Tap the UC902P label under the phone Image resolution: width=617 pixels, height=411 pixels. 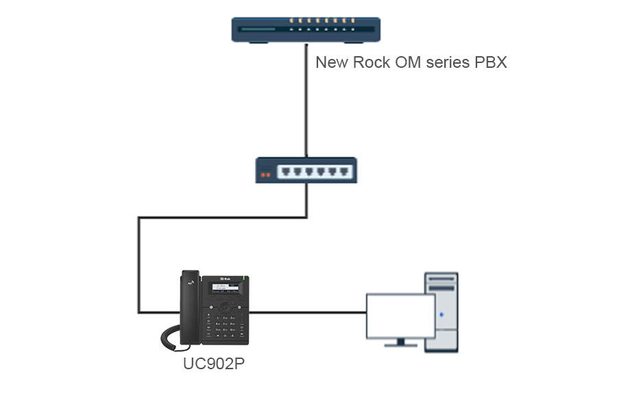tap(214, 364)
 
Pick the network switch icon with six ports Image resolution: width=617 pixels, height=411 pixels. tap(306, 170)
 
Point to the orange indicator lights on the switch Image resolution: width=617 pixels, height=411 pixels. tap(266, 175)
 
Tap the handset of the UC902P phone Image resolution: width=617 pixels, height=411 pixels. tap(189, 305)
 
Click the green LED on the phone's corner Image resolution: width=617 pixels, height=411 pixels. tap(245, 278)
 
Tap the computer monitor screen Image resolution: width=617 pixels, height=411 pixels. tap(400, 316)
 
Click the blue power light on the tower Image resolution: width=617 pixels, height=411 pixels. tap(441, 314)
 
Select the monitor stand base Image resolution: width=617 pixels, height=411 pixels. tap(400, 345)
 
